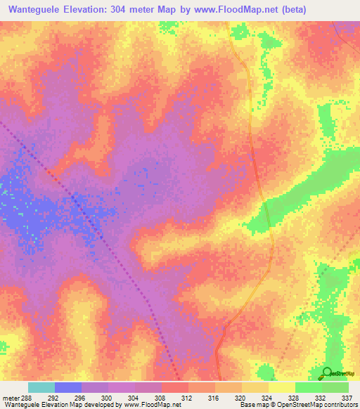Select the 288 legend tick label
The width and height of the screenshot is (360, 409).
27,397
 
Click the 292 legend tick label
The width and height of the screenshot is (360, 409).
54,397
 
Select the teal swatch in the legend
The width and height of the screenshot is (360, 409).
41,387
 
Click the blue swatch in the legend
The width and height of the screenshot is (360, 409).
67,387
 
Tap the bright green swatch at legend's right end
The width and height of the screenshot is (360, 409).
335,387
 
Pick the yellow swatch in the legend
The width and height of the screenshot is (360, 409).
281,387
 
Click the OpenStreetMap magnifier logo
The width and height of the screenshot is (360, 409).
326,373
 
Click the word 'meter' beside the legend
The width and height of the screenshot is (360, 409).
9,397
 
